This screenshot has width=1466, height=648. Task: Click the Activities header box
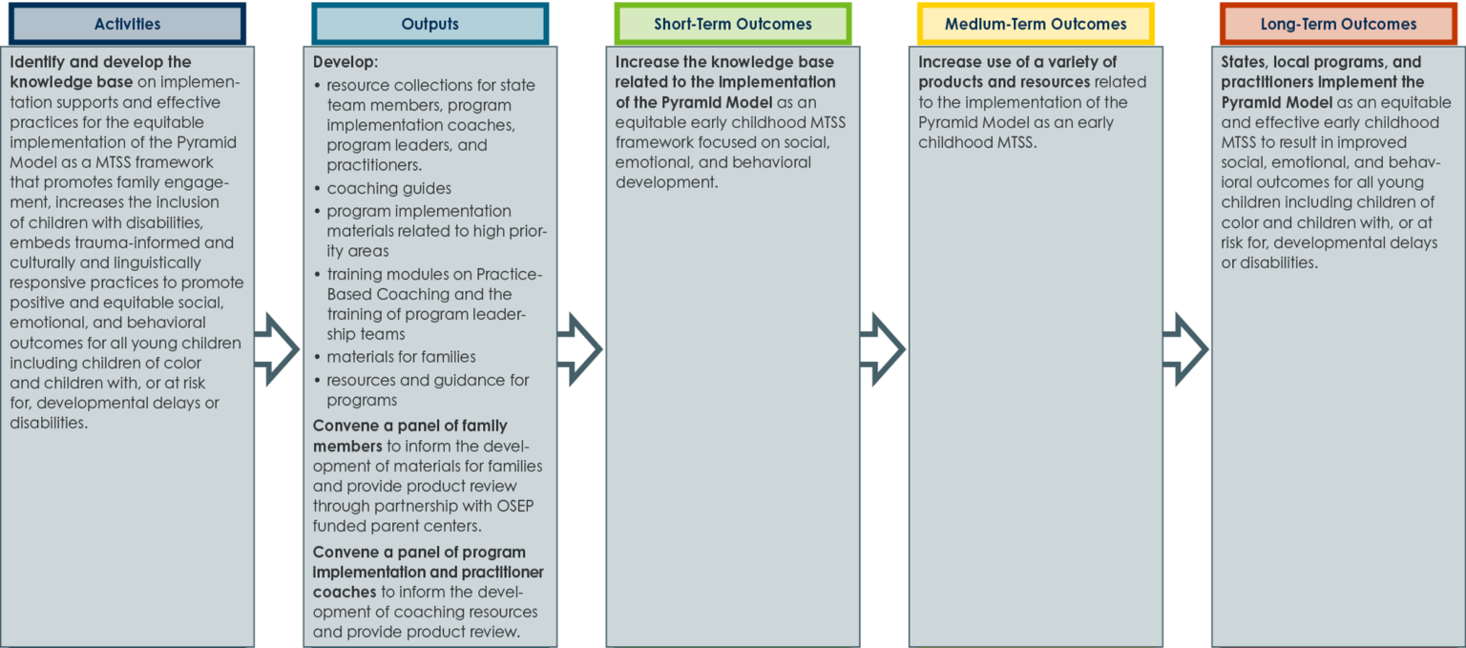(x=128, y=24)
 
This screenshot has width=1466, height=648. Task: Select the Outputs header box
(x=430, y=24)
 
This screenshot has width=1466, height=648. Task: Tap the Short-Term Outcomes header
(x=733, y=24)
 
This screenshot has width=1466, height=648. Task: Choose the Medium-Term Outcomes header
(x=1036, y=24)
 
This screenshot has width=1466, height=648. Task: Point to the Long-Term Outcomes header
(x=1338, y=24)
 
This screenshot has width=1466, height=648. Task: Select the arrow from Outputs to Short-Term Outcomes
(x=580, y=349)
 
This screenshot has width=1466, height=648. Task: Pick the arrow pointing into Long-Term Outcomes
(x=1186, y=349)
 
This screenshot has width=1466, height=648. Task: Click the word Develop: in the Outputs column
(x=345, y=62)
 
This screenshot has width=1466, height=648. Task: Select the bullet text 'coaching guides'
(x=388, y=189)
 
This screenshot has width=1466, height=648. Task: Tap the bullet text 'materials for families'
(x=401, y=357)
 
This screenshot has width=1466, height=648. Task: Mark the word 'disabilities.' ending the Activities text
(x=49, y=423)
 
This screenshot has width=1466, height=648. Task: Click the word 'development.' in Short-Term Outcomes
(x=666, y=182)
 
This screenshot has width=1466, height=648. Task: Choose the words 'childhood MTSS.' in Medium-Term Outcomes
(x=977, y=143)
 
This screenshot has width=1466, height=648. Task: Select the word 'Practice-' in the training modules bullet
(x=509, y=274)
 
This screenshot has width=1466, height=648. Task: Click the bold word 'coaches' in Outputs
(x=345, y=593)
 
